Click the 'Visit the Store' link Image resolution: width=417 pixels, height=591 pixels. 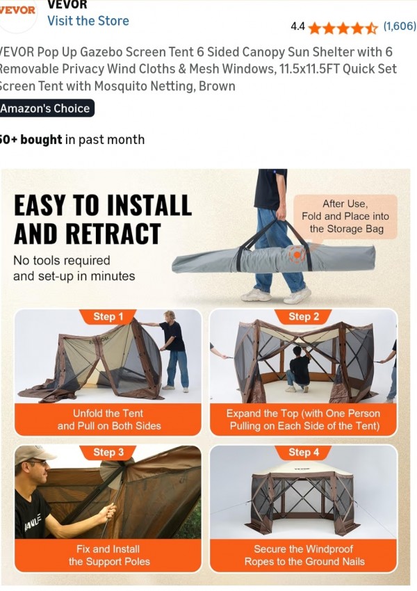[x=88, y=21]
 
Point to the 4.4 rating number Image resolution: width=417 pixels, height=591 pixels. [x=297, y=26]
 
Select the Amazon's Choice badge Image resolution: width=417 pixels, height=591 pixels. [x=46, y=108]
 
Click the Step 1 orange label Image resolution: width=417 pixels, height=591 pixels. [x=108, y=316]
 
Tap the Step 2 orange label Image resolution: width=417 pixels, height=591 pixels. [x=304, y=316]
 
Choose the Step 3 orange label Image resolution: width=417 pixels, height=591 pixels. [x=108, y=452]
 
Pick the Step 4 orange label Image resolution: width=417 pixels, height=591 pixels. [x=304, y=452]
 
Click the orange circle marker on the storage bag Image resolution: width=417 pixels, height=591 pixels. [x=297, y=254]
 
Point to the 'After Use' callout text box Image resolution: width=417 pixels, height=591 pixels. [x=345, y=216]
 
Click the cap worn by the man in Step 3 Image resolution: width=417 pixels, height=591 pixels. [x=33, y=454]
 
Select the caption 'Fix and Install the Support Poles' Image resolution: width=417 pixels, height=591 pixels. [x=109, y=556]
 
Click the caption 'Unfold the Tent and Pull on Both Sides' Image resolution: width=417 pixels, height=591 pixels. [x=109, y=419]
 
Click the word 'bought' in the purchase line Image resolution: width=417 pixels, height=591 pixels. [x=41, y=140]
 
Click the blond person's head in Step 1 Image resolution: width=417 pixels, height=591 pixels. [x=170, y=316]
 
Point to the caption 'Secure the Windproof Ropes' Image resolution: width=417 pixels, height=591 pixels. [x=304, y=556]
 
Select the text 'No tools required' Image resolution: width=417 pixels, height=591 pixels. [x=62, y=261]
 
